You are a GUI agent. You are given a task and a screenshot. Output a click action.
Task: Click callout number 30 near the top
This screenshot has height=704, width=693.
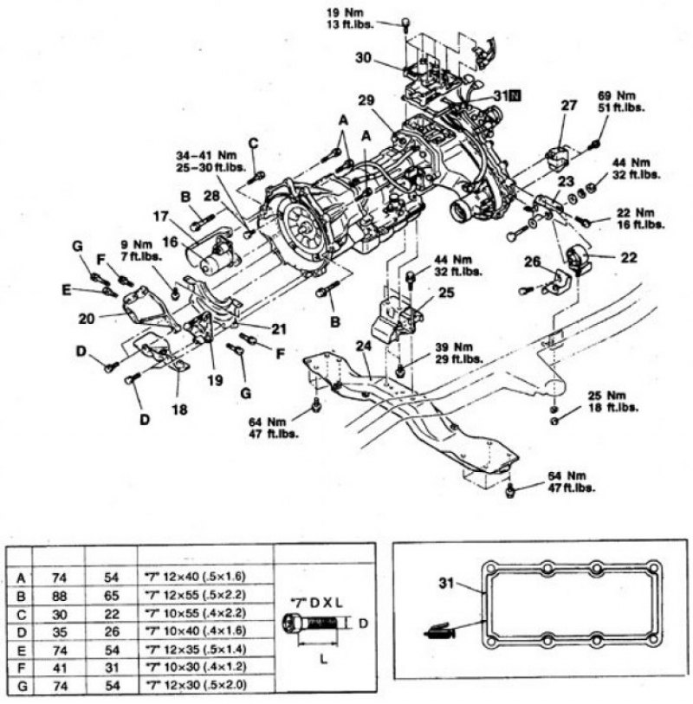click(364, 59)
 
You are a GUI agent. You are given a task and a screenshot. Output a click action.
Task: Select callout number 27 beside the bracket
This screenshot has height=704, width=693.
click(568, 107)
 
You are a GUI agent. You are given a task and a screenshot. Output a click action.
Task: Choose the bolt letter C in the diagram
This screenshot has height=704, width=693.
click(253, 143)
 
